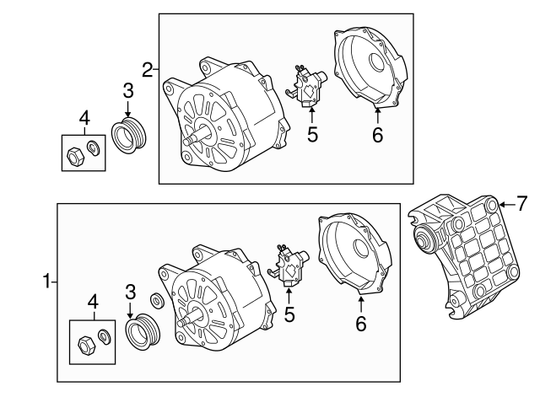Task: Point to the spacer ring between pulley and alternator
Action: [x=157, y=301]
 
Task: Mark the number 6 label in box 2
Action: [x=377, y=134]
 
